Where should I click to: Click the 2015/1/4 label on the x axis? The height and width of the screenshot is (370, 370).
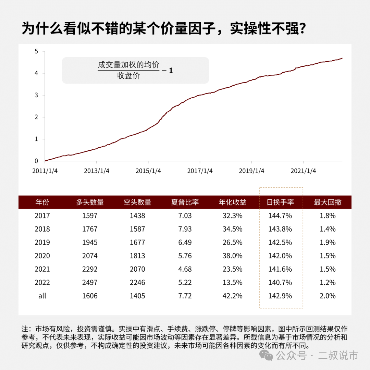pos(148,171)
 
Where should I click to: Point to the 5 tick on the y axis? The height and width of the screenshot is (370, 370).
pos(36,51)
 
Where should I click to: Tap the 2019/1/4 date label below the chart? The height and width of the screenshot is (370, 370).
pos(251,171)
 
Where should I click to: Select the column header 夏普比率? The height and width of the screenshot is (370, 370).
pos(185,202)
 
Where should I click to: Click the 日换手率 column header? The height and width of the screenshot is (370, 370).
pos(280,202)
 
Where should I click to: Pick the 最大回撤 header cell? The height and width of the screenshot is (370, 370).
pos(328,202)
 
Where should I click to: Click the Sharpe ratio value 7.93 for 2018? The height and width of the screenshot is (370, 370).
pos(185,229)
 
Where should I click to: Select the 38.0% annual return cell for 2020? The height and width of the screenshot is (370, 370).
pos(233,256)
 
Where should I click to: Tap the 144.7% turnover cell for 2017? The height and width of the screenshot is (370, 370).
pos(280,215)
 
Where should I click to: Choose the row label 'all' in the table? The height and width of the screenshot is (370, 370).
pos(42,296)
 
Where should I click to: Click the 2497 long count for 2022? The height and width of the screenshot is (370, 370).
pos(90,282)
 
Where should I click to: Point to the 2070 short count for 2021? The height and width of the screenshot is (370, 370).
pos(137,269)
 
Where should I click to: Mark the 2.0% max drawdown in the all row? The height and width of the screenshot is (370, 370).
pos(328,296)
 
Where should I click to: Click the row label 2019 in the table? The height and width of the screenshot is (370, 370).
pos(42,242)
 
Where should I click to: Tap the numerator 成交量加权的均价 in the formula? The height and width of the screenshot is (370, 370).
pos(128,65)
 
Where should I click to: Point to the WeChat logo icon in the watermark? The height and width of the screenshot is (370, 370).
pos(266,355)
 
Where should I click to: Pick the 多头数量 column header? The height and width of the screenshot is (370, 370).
pos(90,202)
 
